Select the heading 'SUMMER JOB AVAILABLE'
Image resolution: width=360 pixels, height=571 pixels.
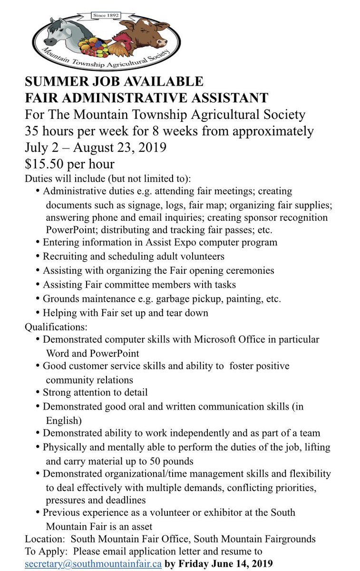pos(114,81)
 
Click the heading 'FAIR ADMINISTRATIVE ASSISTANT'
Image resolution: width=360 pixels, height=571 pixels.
pos(146,98)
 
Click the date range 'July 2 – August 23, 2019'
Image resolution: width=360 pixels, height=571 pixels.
pos(96,147)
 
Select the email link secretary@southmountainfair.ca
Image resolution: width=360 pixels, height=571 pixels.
pos(93,563)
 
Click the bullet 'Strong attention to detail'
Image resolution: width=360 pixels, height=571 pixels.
pos(95,393)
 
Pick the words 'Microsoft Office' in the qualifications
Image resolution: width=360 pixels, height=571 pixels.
pos(223,339)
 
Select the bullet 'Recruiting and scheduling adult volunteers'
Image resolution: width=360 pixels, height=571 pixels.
pos(134,256)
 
